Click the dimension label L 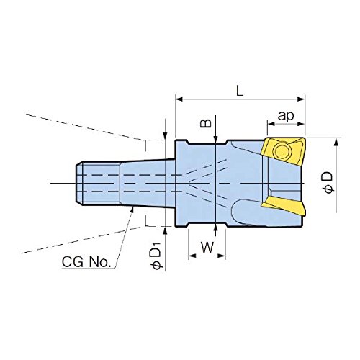(x=240, y=91)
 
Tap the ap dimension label (x=286, y=116)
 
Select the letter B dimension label (x=206, y=123)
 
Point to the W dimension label (x=207, y=248)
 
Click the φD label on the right (x=328, y=182)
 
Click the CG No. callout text (x=86, y=262)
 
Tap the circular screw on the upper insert (x=283, y=151)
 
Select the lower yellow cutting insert (x=284, y=205)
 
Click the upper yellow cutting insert (x=283, y=151)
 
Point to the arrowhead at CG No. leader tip (x=132, y=210)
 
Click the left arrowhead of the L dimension (x=179, y=99)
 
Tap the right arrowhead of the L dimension (x=301, y=99)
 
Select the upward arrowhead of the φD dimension (x=336, y=143)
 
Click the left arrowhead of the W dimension (x=192, y=256)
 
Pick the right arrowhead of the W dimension (x=222, y=256)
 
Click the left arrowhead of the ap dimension (x=271, y=124)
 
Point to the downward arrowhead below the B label (x=216, y=139)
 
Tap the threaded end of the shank (x=98, y=184)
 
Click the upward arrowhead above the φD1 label (x=165, y=230)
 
